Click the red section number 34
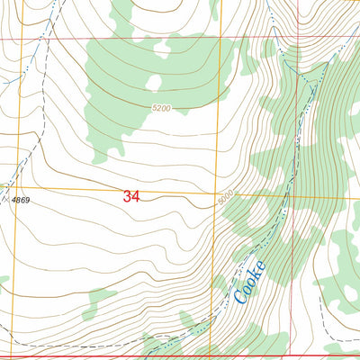[x=132, y=195]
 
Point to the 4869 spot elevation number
[x=21, y=199]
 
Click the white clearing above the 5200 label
[x=154, y=83]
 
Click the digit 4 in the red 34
[x=137, y=195]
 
